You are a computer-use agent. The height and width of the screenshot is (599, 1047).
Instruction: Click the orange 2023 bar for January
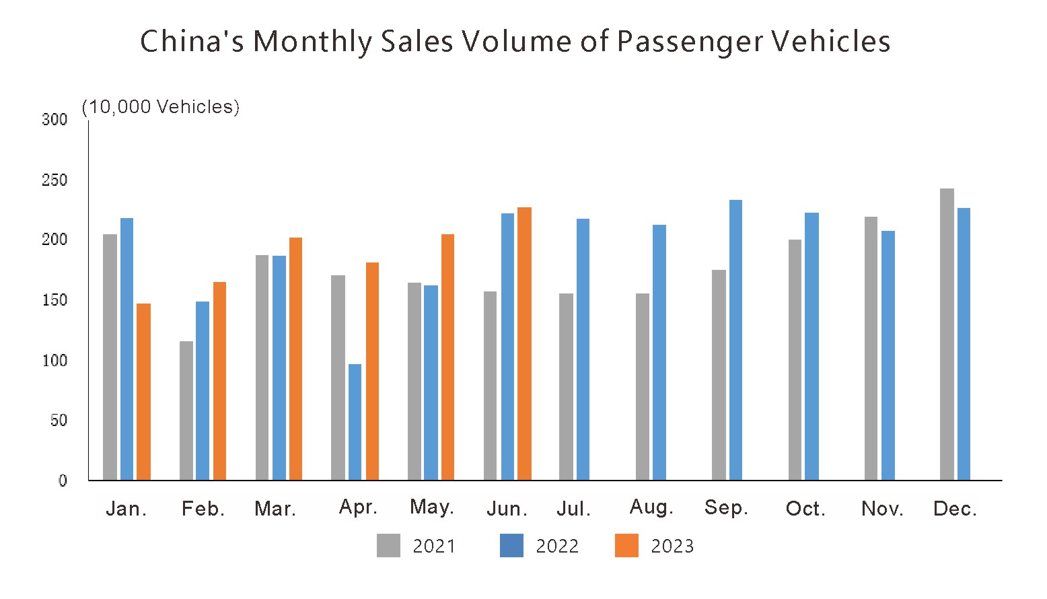[x=143, y=392]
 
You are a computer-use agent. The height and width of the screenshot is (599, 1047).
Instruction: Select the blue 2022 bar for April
[x=355, y=422]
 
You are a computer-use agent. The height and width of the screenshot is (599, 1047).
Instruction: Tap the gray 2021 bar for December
[x=947, y=334]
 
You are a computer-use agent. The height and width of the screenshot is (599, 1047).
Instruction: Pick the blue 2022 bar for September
[x=735, y=340]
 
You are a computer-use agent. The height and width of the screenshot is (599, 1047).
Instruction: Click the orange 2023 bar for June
[x=524, y=343]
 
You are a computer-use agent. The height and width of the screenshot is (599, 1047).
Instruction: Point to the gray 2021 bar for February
[x=186, y=411]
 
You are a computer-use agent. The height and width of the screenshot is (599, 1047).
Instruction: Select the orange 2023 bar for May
[x=447, y=357]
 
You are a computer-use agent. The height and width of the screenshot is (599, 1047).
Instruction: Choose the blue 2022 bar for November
[x=888, y=355]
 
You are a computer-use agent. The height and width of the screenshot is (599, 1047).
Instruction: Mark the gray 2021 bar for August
[x=643, y=386]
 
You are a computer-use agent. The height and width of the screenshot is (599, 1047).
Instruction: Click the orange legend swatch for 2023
[x=626, y=546]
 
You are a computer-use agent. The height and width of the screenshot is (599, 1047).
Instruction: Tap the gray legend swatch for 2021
[x=388, y=546]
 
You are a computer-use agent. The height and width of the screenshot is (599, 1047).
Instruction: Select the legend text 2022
[x=557, y=547]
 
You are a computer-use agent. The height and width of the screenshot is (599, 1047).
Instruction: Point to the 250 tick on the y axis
[x=55, y=180]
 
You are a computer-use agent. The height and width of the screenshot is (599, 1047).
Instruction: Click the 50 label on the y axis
[x=59, y=421]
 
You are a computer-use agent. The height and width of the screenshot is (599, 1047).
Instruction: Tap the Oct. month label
[x=805, y=509]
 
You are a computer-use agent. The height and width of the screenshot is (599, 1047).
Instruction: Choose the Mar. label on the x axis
[x=275, y=509]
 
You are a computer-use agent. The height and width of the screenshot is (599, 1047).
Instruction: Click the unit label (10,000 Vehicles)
[x=161, y=107]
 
